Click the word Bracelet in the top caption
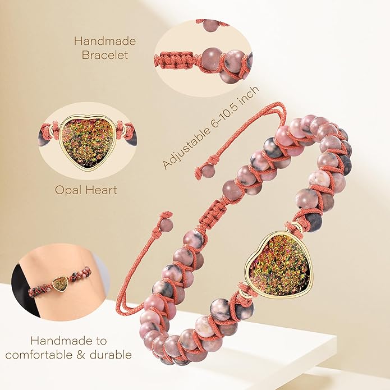click(x=105, y=55)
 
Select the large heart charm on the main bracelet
click(x=277, y=265)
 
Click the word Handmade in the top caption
click(x=105, y=41)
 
